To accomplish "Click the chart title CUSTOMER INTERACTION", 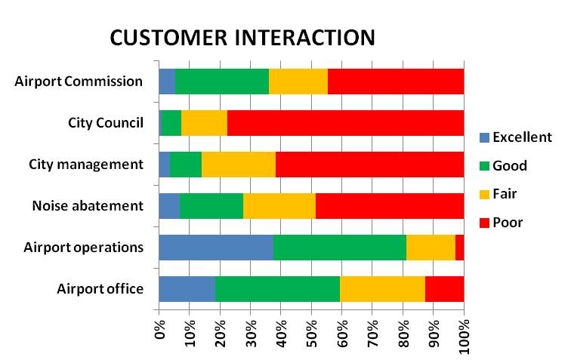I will [x=242, y=37].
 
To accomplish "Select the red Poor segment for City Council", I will [x=345, y=122].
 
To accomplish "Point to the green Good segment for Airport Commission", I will [x=222, y=81].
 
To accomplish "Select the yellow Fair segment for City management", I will [x=239, y=164].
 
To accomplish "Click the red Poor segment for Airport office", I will [x=444, y=288].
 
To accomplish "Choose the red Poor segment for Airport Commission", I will [x=396, y=81].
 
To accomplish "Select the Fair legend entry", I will [x=505, y=194].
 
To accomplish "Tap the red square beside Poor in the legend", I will [x=484, y=222].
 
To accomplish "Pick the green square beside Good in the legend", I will [x=484, y=166].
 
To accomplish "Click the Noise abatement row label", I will [x=88, y=205].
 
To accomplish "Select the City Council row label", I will [x=106, y=122].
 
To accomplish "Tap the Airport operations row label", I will [x=84, y=247].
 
